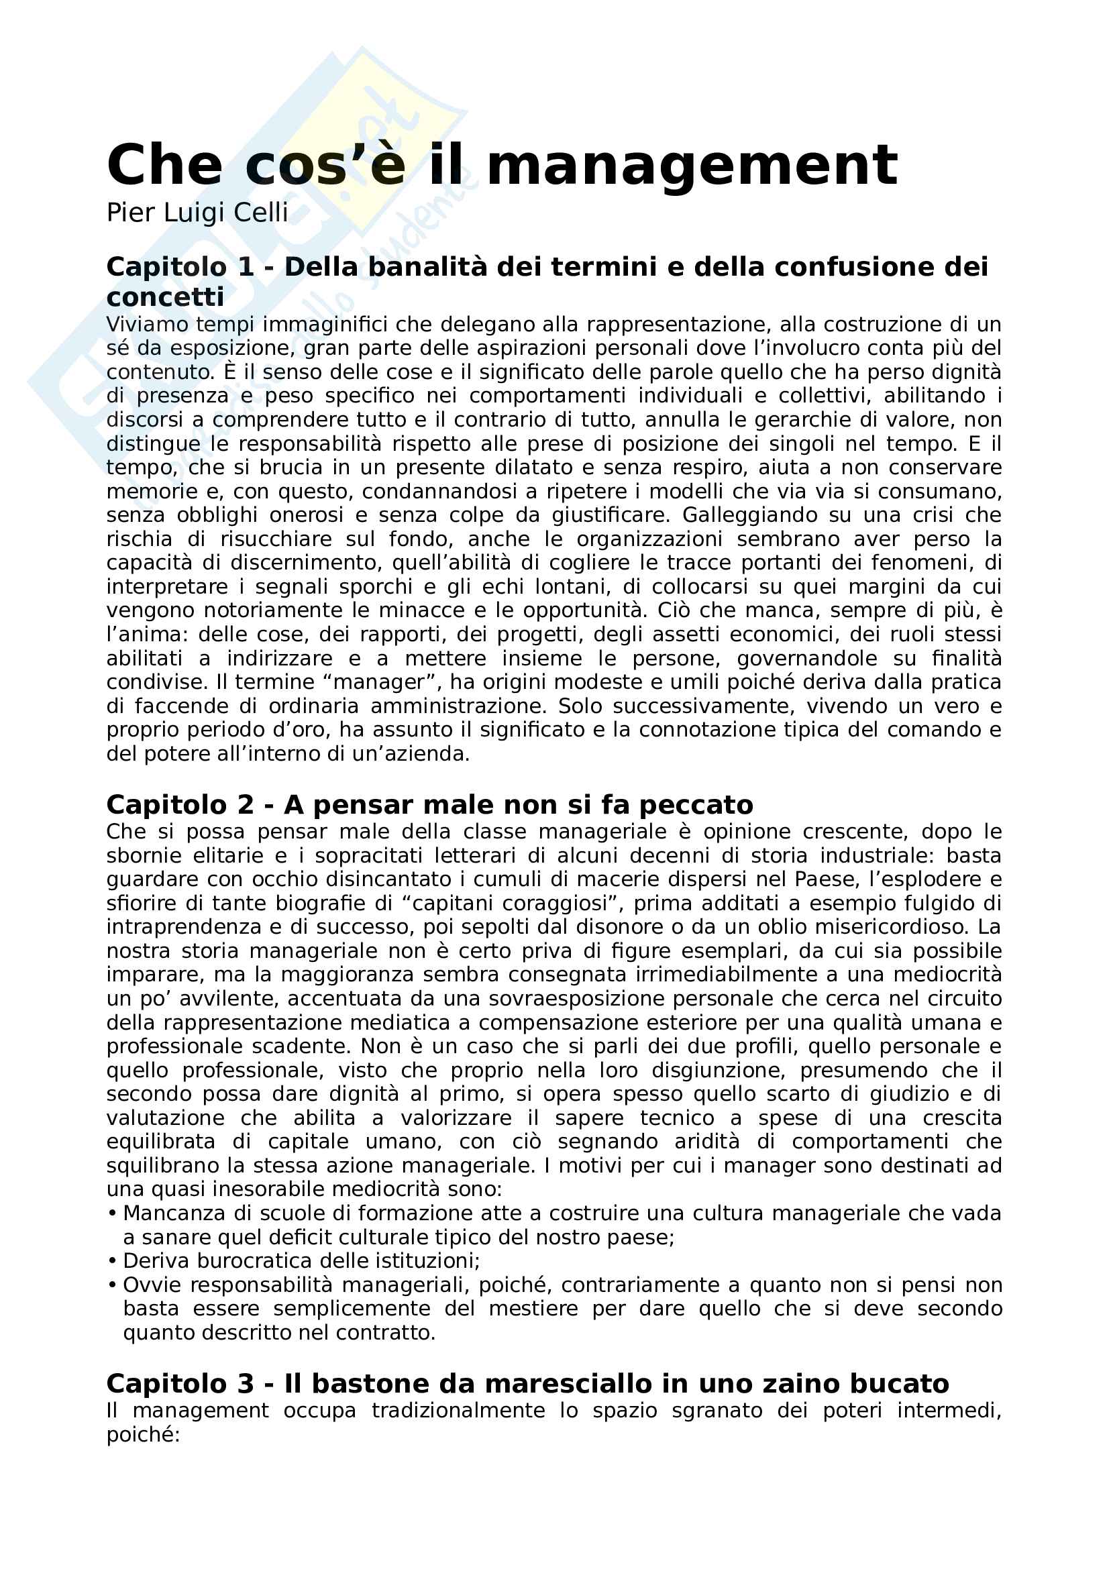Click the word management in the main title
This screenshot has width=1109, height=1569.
pyautogui.click(x=692, y=166)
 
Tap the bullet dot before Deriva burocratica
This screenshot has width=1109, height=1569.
pyautogui.click(x=112, y=1261)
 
